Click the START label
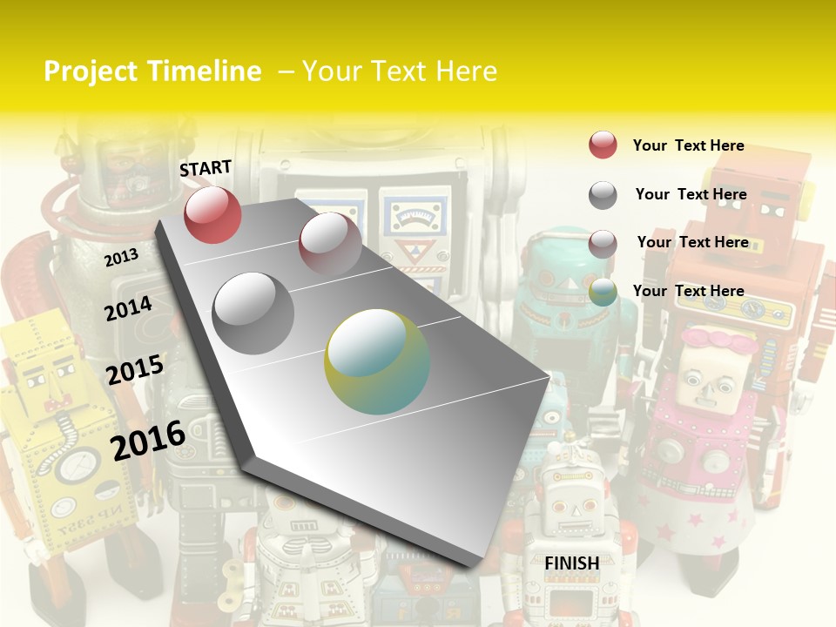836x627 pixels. pos(206,168)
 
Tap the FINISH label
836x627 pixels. pos(571,563)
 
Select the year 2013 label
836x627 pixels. pos(121,257)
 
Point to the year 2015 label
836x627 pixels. pos(134,369)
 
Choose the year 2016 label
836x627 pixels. pos(148,440)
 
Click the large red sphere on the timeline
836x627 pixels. pos(212,214)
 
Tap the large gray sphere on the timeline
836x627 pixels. pos(253,313)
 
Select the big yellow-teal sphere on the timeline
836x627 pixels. pos(377,361)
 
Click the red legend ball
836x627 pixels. pos(603,145)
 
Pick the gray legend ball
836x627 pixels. pos(603,195)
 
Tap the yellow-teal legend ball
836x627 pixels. pos(603,293)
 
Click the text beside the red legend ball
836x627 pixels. pos(688,145)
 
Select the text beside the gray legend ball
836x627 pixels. pos(691,194)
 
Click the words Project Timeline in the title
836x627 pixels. pos(152,71)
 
